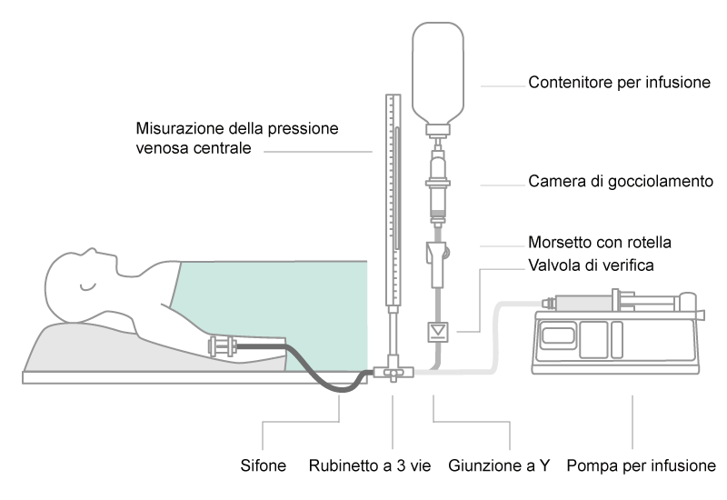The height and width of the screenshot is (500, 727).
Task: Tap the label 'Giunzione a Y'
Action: coord(500,466)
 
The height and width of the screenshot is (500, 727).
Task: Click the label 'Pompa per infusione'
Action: coord(641,466)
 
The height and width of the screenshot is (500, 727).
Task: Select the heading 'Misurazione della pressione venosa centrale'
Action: coord(237,138)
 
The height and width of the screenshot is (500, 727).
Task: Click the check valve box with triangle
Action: coord(438,330)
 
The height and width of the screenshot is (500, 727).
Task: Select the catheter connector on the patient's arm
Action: coord(224,346)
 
